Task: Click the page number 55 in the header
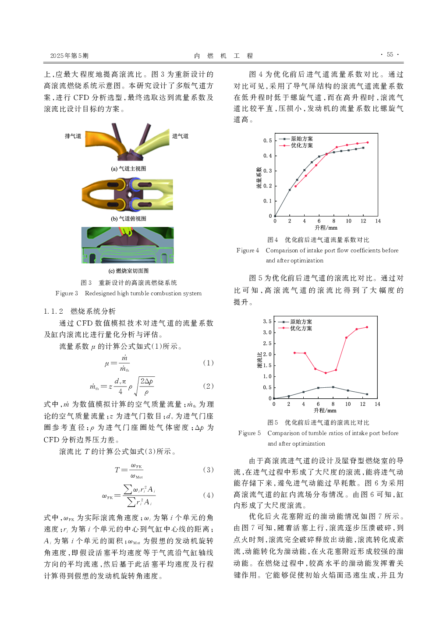coord(390,55)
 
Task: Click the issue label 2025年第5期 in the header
coord(69,56)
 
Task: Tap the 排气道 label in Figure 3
coord(73,136)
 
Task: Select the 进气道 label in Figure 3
coord(180,136)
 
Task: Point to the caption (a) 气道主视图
coord(128,169)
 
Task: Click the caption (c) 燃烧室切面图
coord(128,271)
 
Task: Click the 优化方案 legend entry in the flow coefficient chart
coord(302,145)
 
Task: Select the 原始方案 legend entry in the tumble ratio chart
coord(301,322)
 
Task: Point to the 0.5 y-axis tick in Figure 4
coord(267,141)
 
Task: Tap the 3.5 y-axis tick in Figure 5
coord(267,322)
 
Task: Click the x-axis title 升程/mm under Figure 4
coord(326,227)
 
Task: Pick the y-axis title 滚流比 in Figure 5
coord(259,360)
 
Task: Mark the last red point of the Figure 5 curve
coord(367,327)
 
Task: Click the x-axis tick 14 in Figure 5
coord(377,404)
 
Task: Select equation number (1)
coord(208,363)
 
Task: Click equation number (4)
coord(208,495)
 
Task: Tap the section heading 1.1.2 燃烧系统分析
coord(80,311)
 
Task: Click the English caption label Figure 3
coord(67,293)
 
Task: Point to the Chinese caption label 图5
coord(273,422)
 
